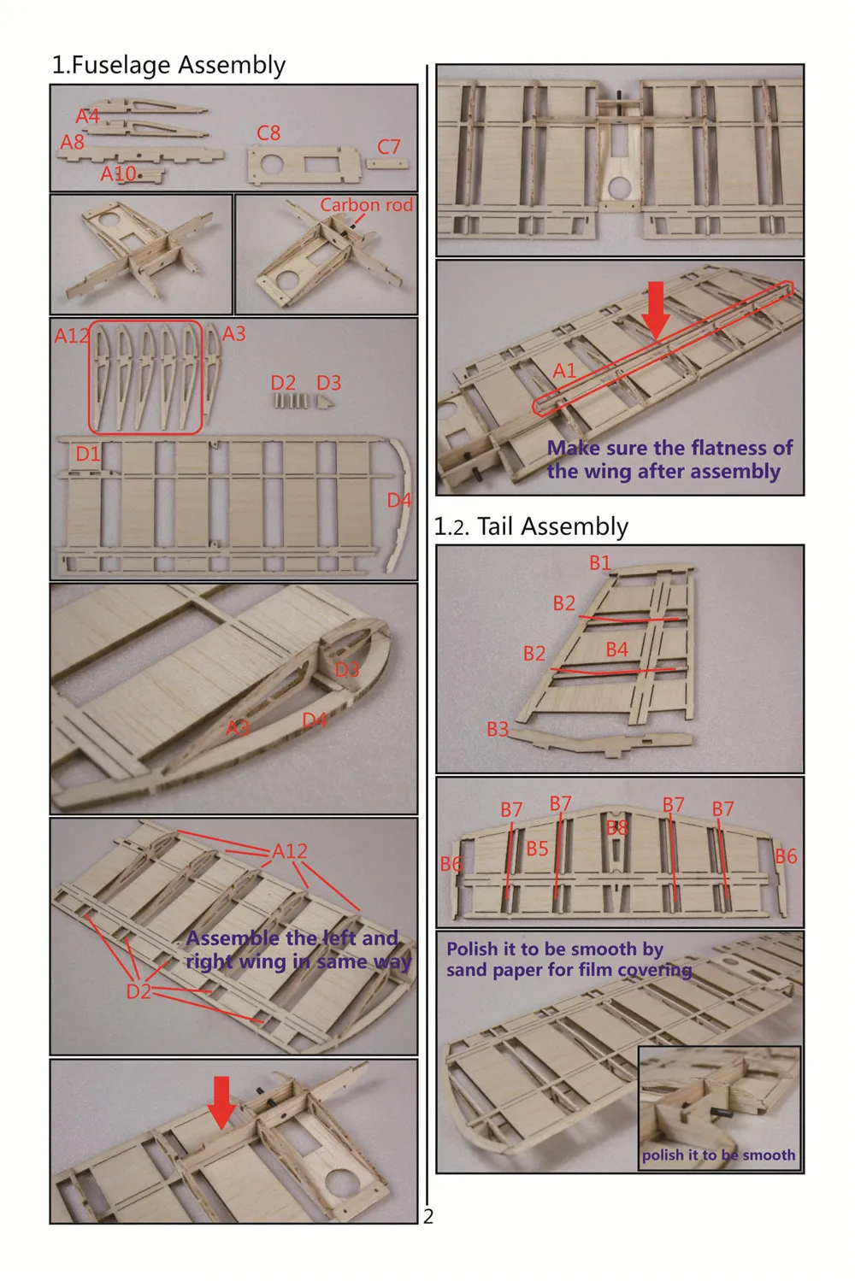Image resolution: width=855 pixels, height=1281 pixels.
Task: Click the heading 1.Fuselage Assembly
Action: (168, 65)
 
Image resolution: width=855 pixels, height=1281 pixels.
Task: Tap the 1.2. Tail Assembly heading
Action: (531, 526)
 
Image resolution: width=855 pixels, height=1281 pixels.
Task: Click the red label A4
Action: (87, 117)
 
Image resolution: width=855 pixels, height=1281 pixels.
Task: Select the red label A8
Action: (73, 142)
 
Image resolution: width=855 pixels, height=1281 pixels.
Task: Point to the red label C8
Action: (268, 133)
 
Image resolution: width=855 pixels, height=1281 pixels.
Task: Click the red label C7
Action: (388, 147)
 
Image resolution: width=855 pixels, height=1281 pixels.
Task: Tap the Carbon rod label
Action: (366, 205)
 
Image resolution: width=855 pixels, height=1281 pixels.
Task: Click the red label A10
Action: (119, 173)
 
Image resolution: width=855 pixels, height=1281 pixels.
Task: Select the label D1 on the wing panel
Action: (88, 454)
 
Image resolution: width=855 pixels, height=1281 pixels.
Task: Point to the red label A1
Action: (564, 371)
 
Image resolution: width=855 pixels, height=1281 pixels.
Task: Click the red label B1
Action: (600, 563)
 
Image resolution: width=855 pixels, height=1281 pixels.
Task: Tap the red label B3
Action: (498, 729)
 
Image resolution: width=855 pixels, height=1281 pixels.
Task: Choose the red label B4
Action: (617, 649)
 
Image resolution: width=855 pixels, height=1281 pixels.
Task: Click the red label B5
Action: (538, 849)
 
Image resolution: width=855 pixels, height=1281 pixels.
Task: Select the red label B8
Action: (617, 827)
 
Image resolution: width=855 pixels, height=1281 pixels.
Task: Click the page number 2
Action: (428, 1217)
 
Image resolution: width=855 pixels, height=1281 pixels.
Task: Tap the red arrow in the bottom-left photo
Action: (221, 1103)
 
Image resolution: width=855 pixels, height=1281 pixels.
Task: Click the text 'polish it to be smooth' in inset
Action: (718, 1155)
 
